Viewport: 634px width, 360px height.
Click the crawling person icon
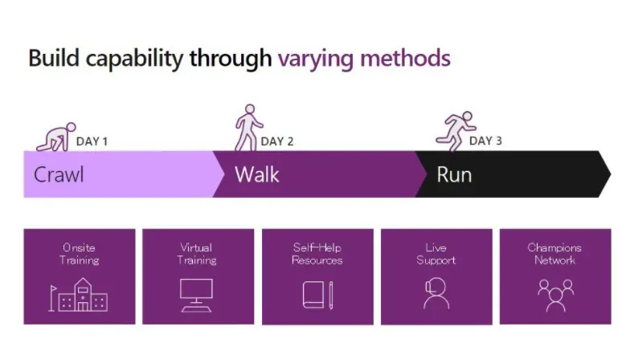point(55,137)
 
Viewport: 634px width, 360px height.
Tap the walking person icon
point(248,128)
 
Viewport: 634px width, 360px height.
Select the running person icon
point(456,132)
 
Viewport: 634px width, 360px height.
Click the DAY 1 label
point(92,141)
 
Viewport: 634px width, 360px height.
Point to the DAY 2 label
point(277,141)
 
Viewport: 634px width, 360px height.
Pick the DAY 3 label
point(485,141)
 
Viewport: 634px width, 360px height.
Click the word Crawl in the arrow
point(59,174)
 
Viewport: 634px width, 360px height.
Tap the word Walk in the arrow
point(257,174)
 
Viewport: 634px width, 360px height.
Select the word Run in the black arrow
point(454,175)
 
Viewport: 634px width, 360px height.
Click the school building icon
point(79,295)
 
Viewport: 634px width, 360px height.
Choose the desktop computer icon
point(196,296)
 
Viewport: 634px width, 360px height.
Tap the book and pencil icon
point(318,295)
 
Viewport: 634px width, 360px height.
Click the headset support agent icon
point(436,293)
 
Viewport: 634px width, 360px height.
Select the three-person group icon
point(555,296)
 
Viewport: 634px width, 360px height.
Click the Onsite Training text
point(80,254)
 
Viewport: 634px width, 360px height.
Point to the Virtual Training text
point(197,254)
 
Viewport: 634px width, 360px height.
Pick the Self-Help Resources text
point(317,254)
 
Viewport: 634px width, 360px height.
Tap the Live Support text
point(436,254)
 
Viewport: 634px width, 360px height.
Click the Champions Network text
point(554,254)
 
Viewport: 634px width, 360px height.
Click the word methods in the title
point(405,58)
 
